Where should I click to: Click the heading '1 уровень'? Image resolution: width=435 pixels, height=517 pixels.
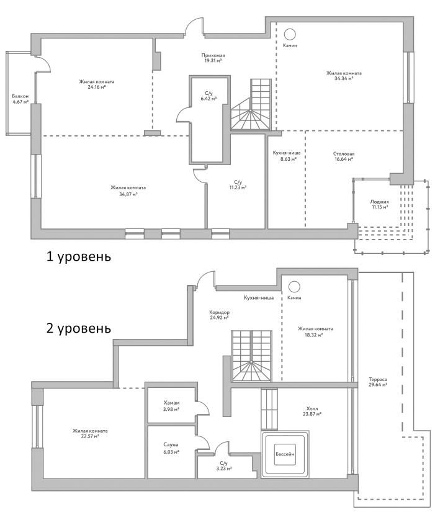click(79, 256)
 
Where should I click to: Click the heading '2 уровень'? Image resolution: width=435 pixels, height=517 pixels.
click(79, 328)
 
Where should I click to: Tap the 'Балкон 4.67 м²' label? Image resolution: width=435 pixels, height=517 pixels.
click(20, 99)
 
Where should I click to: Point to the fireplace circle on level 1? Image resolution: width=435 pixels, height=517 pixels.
click(290, 34)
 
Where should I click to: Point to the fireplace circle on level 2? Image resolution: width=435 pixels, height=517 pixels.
click(294, 287)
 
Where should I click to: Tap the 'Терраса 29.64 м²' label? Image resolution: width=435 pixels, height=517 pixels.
click(377, 381)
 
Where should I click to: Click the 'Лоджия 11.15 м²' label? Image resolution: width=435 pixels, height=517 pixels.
click(379, 204)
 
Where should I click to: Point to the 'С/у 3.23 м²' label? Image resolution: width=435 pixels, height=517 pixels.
click(223, 465)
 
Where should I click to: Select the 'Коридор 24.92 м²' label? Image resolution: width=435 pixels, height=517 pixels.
click(220, 315)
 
